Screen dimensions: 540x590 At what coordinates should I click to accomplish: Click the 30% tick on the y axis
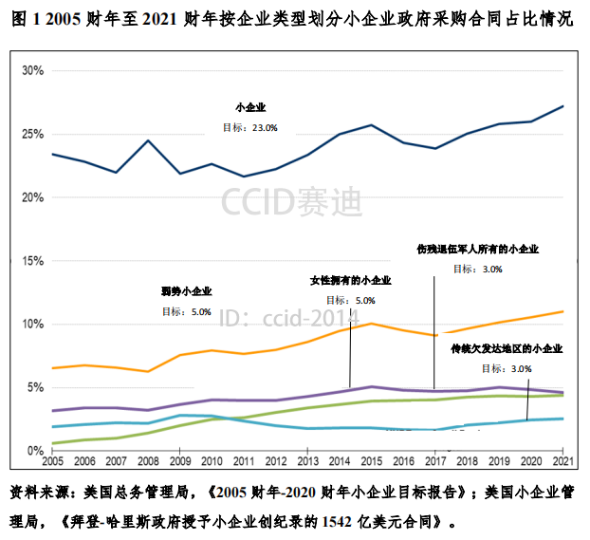tap(32, 71)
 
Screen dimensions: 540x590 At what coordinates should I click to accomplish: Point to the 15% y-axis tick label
tap(32, 261)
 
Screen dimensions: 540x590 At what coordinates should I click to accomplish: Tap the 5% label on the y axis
tap(35, 387)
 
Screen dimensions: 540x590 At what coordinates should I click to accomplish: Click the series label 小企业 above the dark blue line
tap(250, 108)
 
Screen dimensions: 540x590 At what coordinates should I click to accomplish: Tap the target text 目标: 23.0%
tap(249, 127)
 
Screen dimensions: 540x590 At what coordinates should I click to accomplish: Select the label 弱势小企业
tap(187, 291)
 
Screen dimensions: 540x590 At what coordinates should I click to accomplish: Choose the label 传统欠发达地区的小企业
tap(507, 348)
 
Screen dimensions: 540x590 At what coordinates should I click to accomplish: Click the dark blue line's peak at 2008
tap(147, 140)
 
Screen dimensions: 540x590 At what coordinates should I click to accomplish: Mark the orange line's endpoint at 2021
tap(562, 311)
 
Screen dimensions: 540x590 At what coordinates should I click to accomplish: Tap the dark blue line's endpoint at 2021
tap(562, 106)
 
